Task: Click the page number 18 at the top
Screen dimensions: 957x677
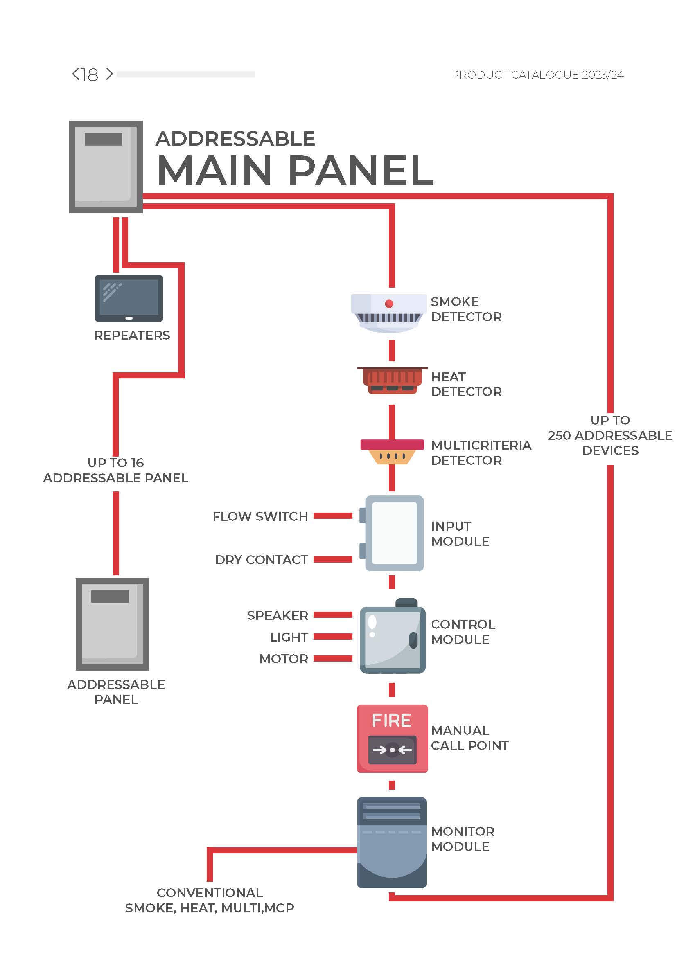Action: coord(90,74)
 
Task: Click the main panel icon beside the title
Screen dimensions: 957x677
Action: coord(106,167)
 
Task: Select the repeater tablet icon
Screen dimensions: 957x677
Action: coord(129,298)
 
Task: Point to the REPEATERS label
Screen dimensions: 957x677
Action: coord(132,335)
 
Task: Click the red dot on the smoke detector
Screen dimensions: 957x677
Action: coord(389,304)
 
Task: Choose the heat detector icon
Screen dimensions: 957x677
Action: coord(392,380)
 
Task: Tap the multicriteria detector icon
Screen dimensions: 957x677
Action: coord(392,451)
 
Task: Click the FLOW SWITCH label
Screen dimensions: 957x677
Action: coord(260,516)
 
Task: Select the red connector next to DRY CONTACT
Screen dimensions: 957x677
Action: coord(333,560)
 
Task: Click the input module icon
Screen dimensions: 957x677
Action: coord(394,533)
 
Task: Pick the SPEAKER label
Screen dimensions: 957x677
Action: coord(277,615)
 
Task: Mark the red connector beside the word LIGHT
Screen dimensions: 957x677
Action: coord(333,637)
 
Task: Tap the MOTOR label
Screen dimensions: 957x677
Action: coord(284,659)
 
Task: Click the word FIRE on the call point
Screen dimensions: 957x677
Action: coord(391,721)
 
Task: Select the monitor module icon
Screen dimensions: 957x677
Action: coord(391,843)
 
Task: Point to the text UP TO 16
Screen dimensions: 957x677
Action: coord(115,463)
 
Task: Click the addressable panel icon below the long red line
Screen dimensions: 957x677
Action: coord(113,624)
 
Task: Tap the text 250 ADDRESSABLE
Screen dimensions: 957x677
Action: coord(609,436)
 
